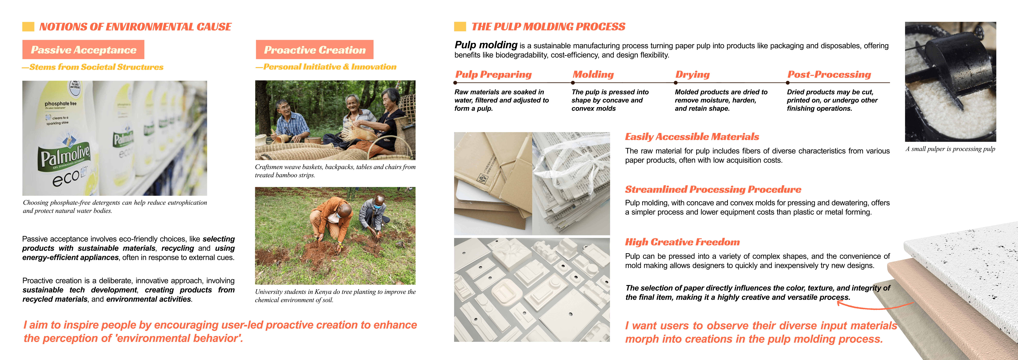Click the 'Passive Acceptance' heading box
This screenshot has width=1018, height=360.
pos(83,50)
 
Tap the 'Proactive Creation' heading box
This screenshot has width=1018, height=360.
pos(315,50)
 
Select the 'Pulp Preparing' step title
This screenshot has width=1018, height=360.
pos(494,75)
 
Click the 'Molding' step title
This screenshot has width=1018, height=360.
pos(593,75)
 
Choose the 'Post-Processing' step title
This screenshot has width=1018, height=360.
pos(829,75)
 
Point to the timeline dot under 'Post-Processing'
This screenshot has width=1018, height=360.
pos(788,83)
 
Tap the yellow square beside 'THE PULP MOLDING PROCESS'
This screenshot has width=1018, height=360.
pos(460,26)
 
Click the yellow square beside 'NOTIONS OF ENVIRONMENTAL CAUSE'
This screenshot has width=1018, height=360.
pos(28,26)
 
